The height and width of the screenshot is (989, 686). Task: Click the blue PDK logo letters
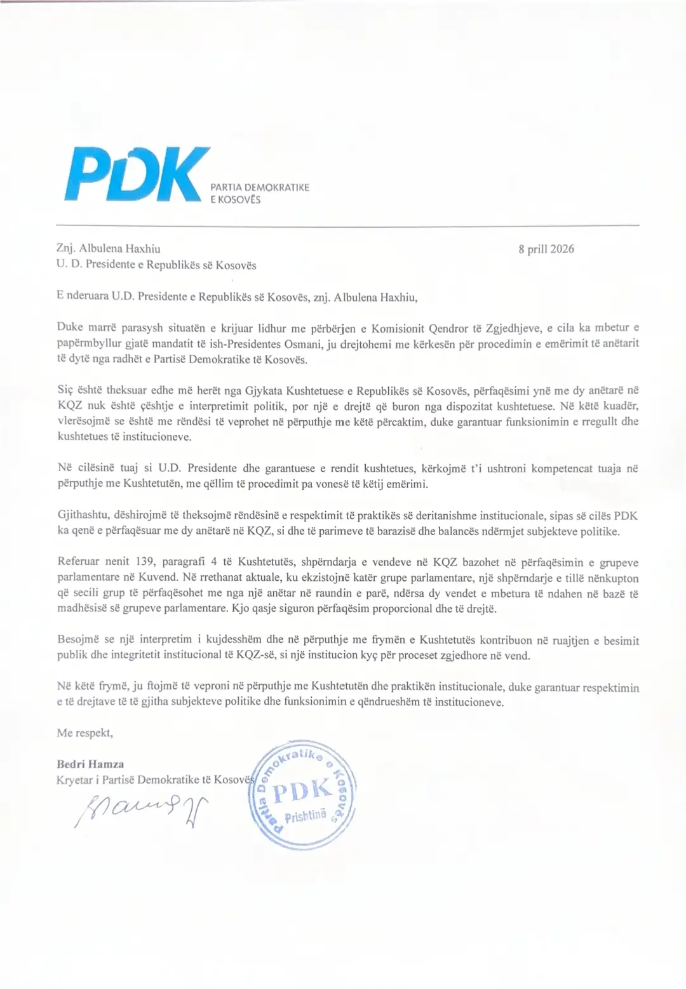[x=137, y=172]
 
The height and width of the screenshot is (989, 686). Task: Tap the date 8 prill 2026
[x=546, y=249]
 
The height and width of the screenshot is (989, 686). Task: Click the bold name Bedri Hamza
[x=90, y=764]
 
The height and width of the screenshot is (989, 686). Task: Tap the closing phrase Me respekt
[x=84, y=733]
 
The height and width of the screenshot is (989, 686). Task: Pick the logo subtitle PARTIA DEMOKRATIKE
[x=259, y=187]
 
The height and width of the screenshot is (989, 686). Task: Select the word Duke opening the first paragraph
[x=70, y=328]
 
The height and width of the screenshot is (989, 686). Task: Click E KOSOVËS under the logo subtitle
[x=235, y=199]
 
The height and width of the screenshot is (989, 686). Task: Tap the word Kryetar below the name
[x=74, y=780]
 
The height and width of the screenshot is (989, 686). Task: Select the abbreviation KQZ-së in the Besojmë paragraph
[x=254, y=655]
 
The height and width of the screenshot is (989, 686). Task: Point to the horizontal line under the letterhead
[x=347, y=225]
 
